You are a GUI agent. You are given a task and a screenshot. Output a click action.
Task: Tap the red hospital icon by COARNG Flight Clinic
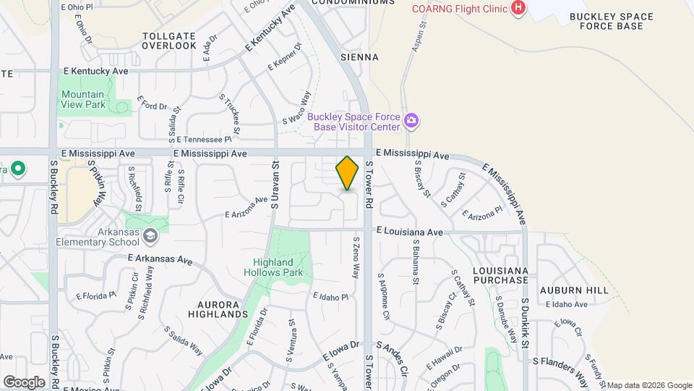pyautogui.click(x=518, y=8)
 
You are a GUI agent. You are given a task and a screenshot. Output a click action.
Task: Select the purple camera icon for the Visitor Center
pyautogui.click(x=411, y=120)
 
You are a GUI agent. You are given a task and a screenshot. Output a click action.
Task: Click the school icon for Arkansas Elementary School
pyautogui.click(x=150, y=235)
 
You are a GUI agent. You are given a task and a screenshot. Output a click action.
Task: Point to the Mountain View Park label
pyautogui.click(x=82, y=99)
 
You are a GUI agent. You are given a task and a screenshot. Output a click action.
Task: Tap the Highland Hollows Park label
pyautogui.click(x=278, y=267)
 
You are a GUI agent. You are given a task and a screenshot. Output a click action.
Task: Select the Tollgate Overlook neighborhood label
pyautogui.click(x=169, y=40)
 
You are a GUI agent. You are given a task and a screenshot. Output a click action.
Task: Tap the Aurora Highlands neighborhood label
pyautogui.click(x=208, y=309)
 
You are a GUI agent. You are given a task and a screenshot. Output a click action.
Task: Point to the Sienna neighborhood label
pyautogui.click(x=359, y=56)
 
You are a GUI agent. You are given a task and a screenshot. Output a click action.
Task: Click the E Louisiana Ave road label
pyautogui.click(x=409, y=232)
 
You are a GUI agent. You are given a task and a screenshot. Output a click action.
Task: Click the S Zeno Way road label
pyautogui.click(x=356, y=257)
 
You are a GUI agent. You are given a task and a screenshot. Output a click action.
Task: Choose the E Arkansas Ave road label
pyautogui.click(x=160, y=258)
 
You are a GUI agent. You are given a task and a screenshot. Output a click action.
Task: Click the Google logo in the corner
pyautogui.click(x=24, y=382)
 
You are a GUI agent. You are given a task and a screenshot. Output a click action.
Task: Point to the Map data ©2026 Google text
pyautogui.click(x=648, y=385)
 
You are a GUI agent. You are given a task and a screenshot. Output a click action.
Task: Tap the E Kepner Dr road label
pyautogui.click(x=284, y=56)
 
